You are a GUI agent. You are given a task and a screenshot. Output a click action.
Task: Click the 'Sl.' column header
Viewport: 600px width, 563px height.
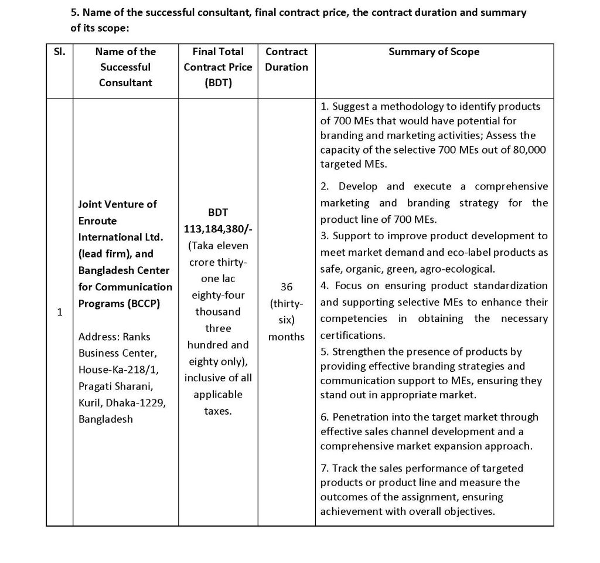click(x=59, y=52)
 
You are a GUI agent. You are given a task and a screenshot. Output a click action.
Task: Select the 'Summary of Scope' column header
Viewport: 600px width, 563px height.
click(x=434, y=52)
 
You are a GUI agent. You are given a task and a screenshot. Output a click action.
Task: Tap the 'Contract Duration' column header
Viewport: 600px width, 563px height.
click(x=286, y=59)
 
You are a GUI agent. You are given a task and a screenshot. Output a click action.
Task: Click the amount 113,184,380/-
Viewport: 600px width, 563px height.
click(x=218, y=229)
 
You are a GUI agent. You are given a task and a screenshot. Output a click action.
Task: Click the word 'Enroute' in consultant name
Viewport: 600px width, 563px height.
click(x=97, y=221)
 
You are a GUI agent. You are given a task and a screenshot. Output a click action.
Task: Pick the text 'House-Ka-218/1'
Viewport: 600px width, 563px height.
click(x=115, y=369)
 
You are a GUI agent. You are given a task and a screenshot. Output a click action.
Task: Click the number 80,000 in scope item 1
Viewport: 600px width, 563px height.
click(x=526, y=150)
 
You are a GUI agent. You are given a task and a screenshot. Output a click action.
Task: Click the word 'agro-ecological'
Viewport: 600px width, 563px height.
click(x=461, y=269)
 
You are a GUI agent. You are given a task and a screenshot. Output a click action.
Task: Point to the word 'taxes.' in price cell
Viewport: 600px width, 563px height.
click(x=218, y=411)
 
